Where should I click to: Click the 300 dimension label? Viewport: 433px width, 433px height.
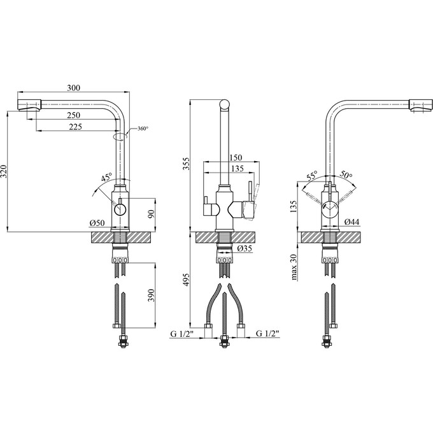(x=74, y=88)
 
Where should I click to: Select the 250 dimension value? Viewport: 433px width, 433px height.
(x=74, y=115)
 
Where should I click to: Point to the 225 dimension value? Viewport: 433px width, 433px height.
(x=75, y=127)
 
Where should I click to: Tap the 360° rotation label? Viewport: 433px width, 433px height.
(x=143, y=129)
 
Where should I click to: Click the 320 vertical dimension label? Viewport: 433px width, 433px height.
(x=4, y=172)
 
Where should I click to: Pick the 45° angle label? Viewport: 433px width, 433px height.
(x=106, y=177)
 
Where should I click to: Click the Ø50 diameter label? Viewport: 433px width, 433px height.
(x=97, y=223)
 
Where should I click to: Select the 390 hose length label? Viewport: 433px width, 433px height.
(x=151, y=295)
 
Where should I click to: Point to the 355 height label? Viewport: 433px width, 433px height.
(x=186, y=164)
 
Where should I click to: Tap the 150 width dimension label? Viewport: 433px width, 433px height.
(x=236, y=157)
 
